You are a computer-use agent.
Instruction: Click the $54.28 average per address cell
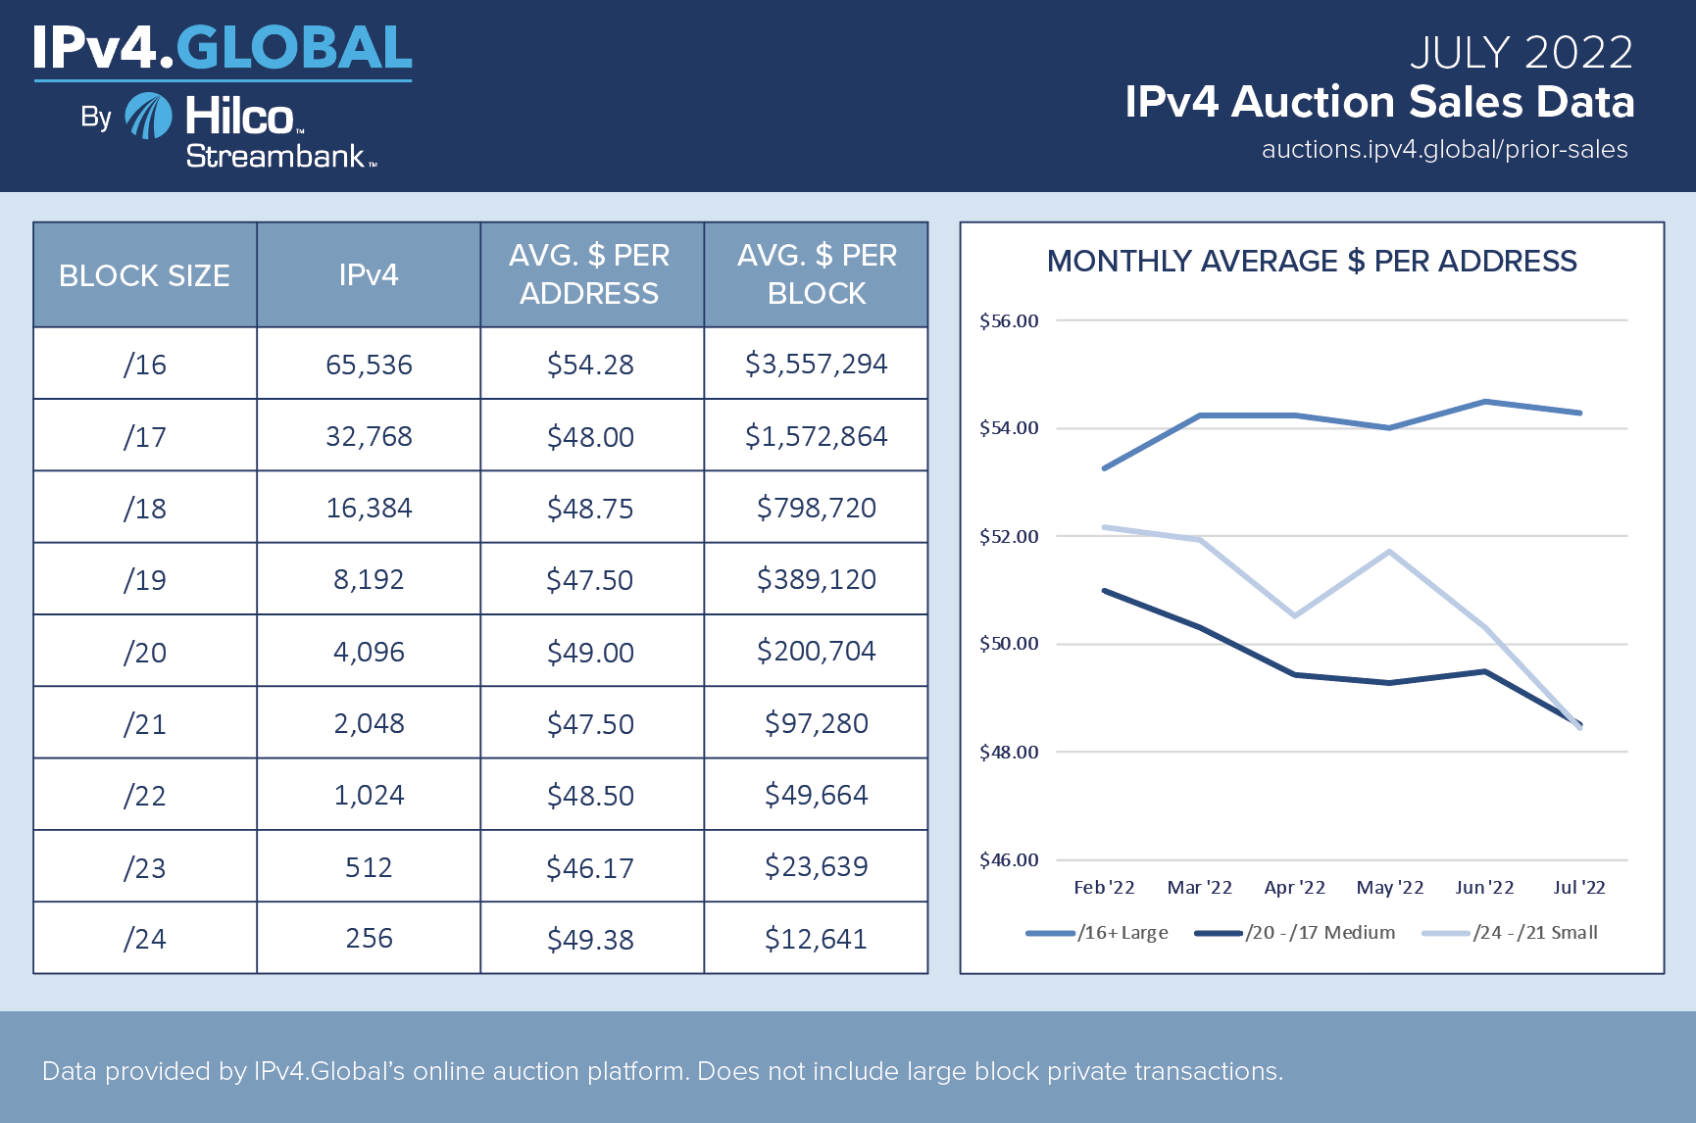point(590,365)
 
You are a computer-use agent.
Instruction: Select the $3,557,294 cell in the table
point(816,364)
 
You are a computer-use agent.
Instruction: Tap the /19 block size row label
point(145,580)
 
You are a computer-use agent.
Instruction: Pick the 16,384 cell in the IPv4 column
point(369,508)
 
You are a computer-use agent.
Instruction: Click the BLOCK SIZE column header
point(145,275)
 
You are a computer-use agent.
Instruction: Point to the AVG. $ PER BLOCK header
point(816,274)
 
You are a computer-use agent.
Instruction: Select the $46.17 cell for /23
point(590,867)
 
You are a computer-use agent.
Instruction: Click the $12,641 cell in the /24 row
point(816,939)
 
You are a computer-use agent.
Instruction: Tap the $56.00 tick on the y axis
point(1009,321)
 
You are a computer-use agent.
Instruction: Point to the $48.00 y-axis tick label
point(1009,753)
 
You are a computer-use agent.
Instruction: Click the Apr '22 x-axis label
point(1294,888)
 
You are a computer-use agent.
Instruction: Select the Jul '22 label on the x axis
point(1579,888)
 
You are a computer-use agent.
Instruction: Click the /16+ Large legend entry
point(1098,933)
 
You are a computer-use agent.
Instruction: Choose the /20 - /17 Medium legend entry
point(1295,933)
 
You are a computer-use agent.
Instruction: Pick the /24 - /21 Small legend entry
point(1510,933)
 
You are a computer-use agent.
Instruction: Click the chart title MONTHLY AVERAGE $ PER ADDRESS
point(1312,262)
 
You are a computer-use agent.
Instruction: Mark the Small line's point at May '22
point(1389,552)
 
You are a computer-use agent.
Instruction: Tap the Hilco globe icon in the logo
point(149,117)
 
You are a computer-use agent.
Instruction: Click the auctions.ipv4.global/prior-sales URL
point(1444,150)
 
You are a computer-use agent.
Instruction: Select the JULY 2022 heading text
point(1521,53)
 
